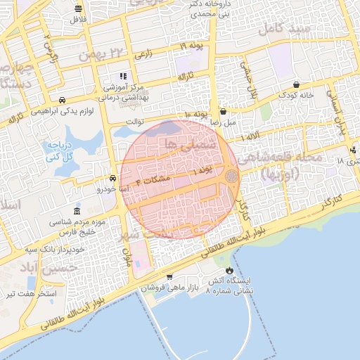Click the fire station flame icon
229,270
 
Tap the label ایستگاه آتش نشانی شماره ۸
230,285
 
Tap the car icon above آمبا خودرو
113,178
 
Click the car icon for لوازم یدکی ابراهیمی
63,101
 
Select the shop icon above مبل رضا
223,111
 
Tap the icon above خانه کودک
297,84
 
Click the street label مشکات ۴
156,180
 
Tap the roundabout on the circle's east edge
231,176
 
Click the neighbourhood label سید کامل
284,28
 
